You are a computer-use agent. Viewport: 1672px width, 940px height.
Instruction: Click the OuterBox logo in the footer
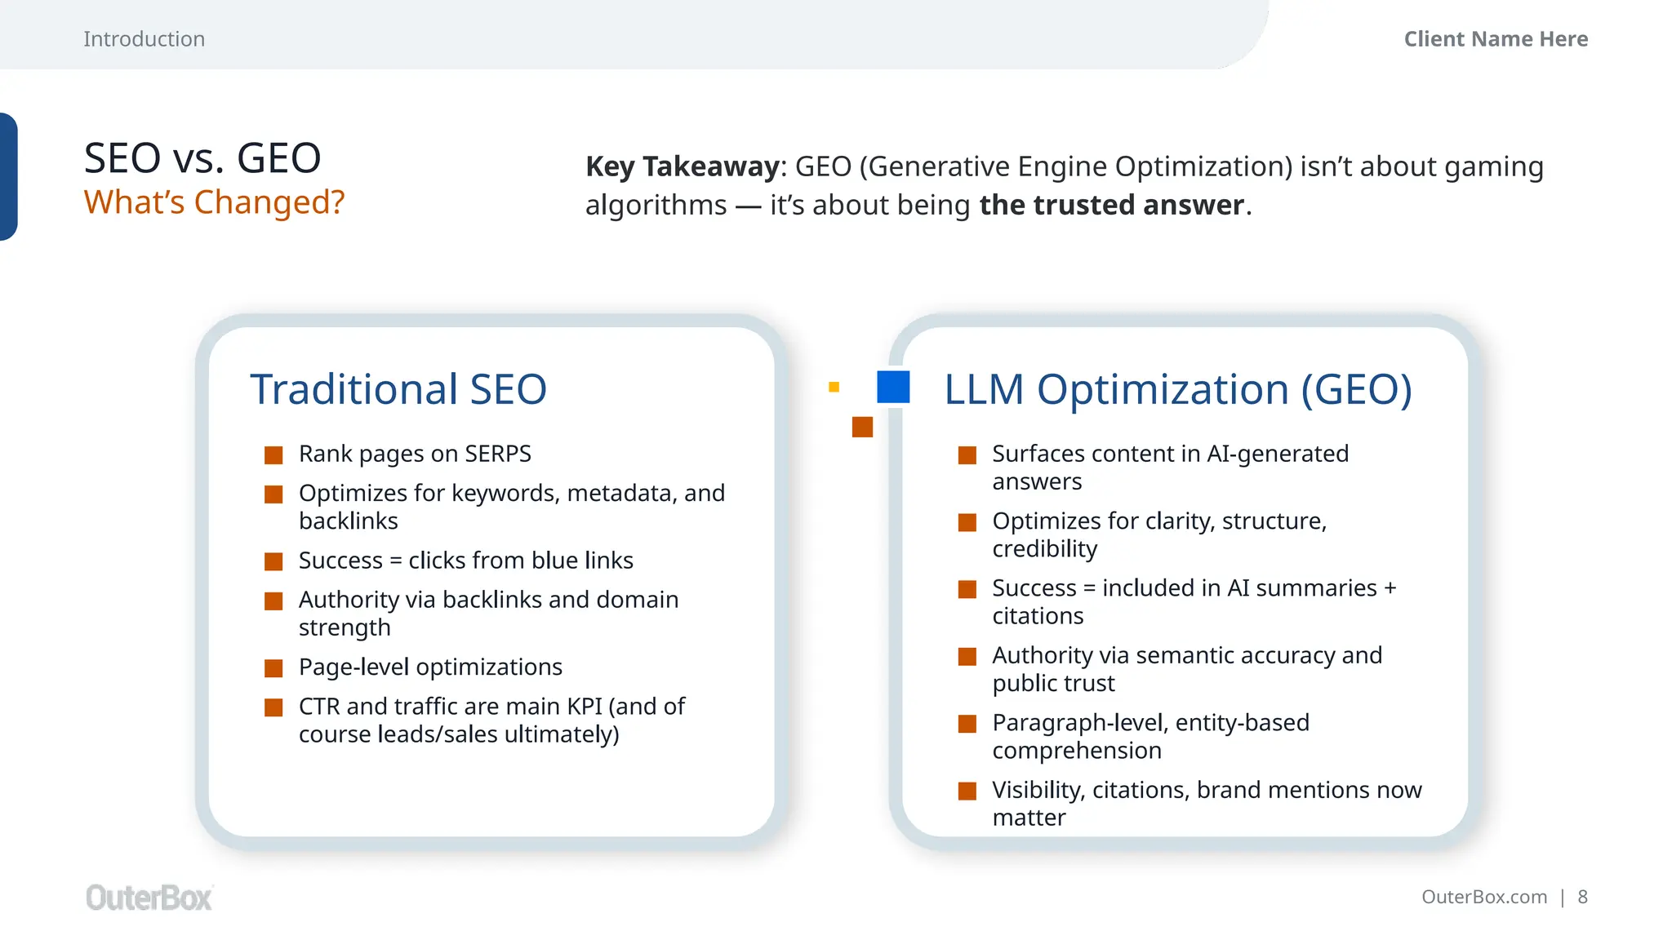pyautogui.click(x=149, y=898)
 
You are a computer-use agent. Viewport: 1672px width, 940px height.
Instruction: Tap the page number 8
pyautogui.click(x=1582, y=898)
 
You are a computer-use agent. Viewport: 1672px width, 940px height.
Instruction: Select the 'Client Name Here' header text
pyautogui.click(x=1496, y=39)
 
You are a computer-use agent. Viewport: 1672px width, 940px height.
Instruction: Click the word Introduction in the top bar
pyautogui.click(x=144, y=39)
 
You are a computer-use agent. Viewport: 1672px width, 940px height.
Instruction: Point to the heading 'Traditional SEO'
pyautogui.click(x=398, y=389)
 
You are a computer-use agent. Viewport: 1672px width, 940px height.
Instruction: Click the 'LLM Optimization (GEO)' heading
pyautogui.click(x=1177, y=389)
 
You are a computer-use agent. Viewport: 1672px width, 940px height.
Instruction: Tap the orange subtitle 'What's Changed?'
pyautogui.click(x=214, y=202)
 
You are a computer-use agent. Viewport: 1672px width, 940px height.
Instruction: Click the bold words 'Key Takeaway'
pyautogui.click(x=683, y=166)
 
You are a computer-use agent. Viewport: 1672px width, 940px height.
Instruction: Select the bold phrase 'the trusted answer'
pyautogui.click(x=1112, y=205)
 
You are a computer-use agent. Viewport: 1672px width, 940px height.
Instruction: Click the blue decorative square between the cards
pyautogui.click(x=893, y=387)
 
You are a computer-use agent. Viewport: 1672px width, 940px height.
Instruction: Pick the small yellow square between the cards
pyautogui.click(x=834, y=387)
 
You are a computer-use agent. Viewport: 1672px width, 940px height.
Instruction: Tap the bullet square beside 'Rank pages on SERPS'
pyautogui.click(x=273, y=454)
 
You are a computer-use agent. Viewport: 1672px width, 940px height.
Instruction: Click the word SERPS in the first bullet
pyautogui.click(x=498, y=454)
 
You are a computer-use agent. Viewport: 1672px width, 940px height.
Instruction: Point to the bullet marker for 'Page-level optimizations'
pyautogui.click(x=273, y=668)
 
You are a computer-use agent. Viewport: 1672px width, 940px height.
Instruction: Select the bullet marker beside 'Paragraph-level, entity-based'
pyautogui.click(x=967, y=724)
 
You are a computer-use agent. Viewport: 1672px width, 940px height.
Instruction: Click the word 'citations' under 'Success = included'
pyautogui.click(x=1038, y=616)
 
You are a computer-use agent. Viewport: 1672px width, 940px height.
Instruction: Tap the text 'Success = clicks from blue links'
pyautogui.click(x=465, y=561)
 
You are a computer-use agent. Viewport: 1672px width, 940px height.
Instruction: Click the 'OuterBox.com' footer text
pyautogui.click(x=1483, y=898)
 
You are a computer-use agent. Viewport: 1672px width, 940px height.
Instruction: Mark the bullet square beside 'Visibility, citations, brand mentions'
pyautogui.click(x=967, y=791)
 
